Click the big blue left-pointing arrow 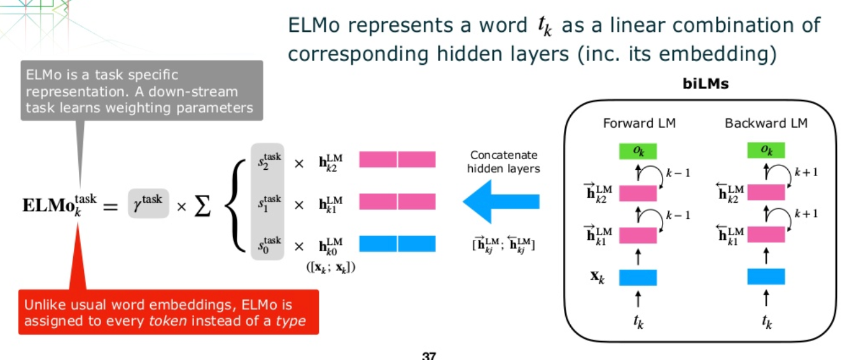501,202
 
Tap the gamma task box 148,204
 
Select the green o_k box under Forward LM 638,151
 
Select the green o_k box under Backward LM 766,151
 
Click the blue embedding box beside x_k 638,277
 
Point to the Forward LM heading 639,123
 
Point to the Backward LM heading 766,123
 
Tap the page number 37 428,356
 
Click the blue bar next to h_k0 397,244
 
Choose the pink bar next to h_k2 397,159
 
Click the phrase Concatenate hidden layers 503,162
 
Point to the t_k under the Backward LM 766,322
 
